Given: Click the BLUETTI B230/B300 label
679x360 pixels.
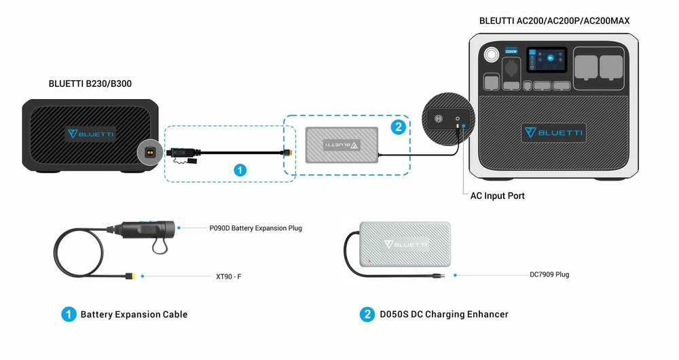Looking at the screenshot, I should tap(90, 84).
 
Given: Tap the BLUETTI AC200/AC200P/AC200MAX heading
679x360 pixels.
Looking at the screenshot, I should tap(554, 21).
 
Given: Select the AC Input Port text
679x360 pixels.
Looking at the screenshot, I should tap(497, 196).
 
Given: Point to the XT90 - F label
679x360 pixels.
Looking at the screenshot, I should tap(229, 276).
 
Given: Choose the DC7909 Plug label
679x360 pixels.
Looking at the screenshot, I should tap(549, 275).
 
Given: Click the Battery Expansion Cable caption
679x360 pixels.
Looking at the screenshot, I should tap(134, 314).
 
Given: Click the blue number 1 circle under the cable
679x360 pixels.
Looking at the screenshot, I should tap(239, 170).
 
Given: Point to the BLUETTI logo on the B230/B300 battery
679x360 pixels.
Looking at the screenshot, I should tap(90, 134).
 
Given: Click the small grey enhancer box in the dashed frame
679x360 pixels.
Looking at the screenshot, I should tap(342, 144).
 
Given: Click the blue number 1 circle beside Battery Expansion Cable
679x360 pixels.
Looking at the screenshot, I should tap(68, 314).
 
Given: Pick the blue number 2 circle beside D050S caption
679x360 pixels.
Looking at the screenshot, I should tap(367, 314).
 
